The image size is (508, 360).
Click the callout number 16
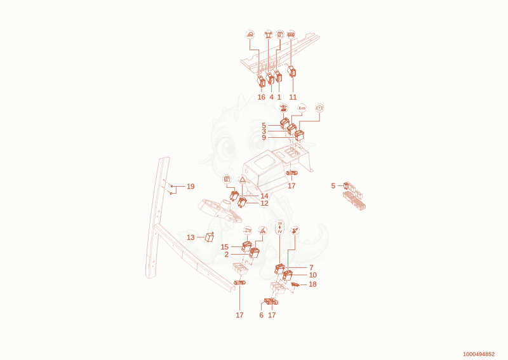coord(261,97)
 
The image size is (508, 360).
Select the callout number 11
coord(293,97)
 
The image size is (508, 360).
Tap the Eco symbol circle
coord(302,108)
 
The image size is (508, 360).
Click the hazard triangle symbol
coord(243,179)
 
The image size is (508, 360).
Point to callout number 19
coord(190,186)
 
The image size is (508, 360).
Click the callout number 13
coord(190,237)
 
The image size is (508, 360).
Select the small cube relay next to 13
coord(210,237)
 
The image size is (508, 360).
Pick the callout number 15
coord(225,247)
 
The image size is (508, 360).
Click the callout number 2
coord(227,255)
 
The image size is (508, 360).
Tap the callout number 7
coord(311,268)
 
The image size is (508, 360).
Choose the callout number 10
coord(312,275)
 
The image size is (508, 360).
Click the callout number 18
coord(312,284)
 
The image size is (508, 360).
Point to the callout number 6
coord(262,315)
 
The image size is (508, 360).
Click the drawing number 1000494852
coord(479,354)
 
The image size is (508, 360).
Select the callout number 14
coord(264,196)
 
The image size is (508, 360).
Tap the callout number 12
coord(264,203)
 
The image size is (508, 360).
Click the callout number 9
coord(264,138)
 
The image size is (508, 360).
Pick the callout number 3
coord(264,131)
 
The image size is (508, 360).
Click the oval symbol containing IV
coord(280,227)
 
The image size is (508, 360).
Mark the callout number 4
coord(272,97)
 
